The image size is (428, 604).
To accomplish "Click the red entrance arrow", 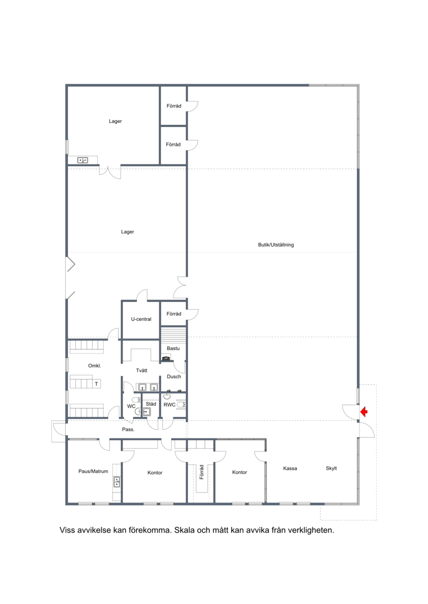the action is (x=364, y=412).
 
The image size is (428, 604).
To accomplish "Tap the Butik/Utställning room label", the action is (x=276, y=245).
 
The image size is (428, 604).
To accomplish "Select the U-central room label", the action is (x=141, y=319).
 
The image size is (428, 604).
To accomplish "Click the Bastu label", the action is (x=173, y=348).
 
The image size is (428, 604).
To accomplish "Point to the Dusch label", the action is (x=174, y=376).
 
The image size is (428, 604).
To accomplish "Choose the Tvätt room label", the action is (x=142, y=370).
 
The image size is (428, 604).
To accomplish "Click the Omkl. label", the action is (x=95, y=366).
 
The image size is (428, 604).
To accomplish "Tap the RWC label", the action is (x=170, y=404).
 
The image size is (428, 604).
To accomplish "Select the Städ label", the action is (x=151, y=404).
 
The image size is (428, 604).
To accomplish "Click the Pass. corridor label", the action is (x=128, y=429).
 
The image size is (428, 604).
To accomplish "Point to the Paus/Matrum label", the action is (x=93, y=471).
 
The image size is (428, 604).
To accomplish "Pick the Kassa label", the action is (x=290, y=468).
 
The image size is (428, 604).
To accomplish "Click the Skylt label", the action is (x=331, y=468).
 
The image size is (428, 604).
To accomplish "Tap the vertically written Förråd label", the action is (x=201, y=472).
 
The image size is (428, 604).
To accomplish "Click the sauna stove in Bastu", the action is (x=166, y=358).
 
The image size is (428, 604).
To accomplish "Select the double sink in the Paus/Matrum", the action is (x=117, y=482).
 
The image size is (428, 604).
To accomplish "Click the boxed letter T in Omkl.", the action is (x=96, y=383).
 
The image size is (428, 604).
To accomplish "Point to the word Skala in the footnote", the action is (x=185, y=530).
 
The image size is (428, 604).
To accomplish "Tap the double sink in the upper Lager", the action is (x=82, y=160).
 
